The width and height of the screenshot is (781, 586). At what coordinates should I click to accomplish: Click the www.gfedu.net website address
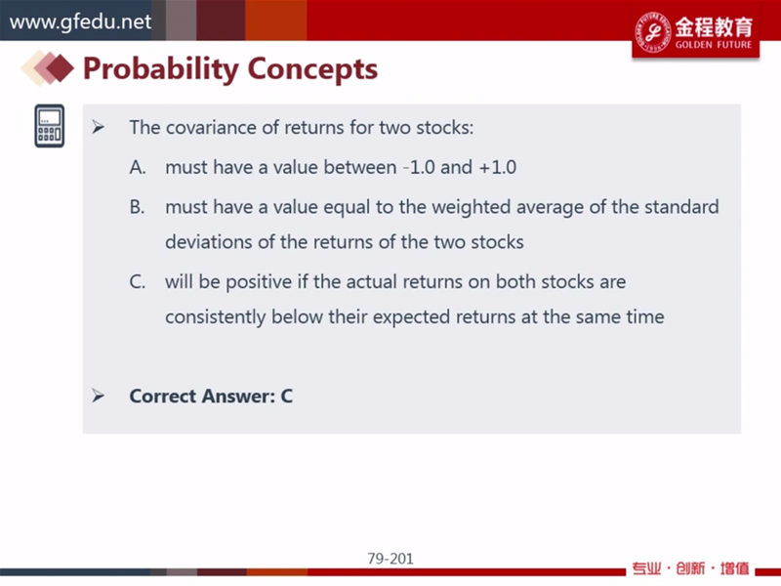[x=80, y=21]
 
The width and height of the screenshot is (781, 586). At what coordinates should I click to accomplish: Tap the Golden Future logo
[x=695, y=32]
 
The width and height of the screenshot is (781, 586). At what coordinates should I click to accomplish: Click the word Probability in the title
[x=161, y=68]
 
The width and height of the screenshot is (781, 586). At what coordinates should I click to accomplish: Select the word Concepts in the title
[x=312, y=68]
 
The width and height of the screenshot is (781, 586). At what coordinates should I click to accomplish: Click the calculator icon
[x=50, y=126]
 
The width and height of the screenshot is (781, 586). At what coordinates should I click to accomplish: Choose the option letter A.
[x=138, y=167]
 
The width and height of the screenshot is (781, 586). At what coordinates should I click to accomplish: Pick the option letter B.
[x=137, y=207]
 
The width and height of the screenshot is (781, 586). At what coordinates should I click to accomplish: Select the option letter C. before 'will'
[x=138, y=282]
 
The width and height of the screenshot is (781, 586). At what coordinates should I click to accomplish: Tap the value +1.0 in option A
[x=497, y=167]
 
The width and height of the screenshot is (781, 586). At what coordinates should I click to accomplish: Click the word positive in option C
[x=259, y=282]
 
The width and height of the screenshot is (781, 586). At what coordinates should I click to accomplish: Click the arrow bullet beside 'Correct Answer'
[x=99, y=396]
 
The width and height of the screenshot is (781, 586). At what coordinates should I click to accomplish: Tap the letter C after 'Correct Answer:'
[x=286, y=397]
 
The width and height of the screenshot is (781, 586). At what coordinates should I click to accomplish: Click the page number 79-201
[x=390, y=559]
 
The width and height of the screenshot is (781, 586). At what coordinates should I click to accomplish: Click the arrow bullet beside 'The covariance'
[x=99, y=128]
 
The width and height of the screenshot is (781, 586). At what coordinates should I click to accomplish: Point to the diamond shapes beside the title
[x=47, y=67]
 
